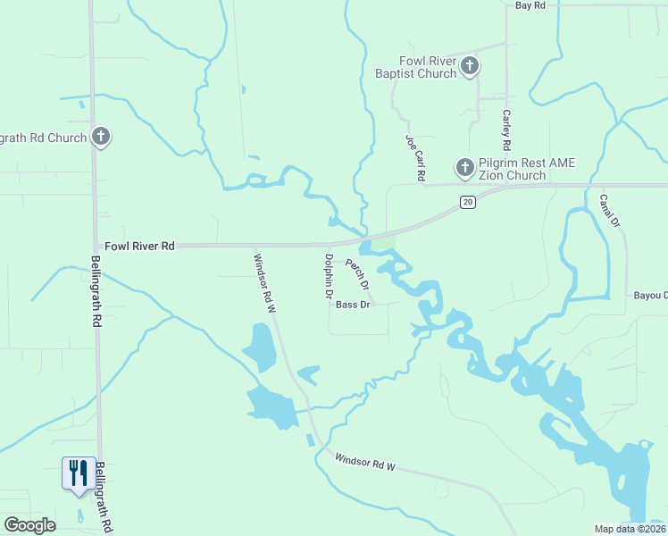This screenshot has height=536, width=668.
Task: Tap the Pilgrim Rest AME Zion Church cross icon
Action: [464, 167]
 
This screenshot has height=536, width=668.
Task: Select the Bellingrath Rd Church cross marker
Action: [101, 137]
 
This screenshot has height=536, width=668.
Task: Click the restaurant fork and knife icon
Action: [78, 472]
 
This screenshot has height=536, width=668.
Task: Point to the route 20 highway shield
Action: [468, 203]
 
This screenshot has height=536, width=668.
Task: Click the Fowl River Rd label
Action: [140, 246]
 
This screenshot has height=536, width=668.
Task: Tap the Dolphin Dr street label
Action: [329, 275]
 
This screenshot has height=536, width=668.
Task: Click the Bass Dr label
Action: [353, 305]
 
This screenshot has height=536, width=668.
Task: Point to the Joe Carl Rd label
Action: [414, 159]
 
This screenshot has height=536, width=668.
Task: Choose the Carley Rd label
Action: [506, 130]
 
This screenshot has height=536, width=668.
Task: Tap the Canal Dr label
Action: [608, 211]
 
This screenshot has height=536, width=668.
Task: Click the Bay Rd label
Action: [530, 5]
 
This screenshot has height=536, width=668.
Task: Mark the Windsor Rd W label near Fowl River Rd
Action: [265, 283]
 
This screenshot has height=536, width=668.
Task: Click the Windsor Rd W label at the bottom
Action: [364, 463]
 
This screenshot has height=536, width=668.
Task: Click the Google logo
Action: [29, 525]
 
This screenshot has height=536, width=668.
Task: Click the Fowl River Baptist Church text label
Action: [428, 67]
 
